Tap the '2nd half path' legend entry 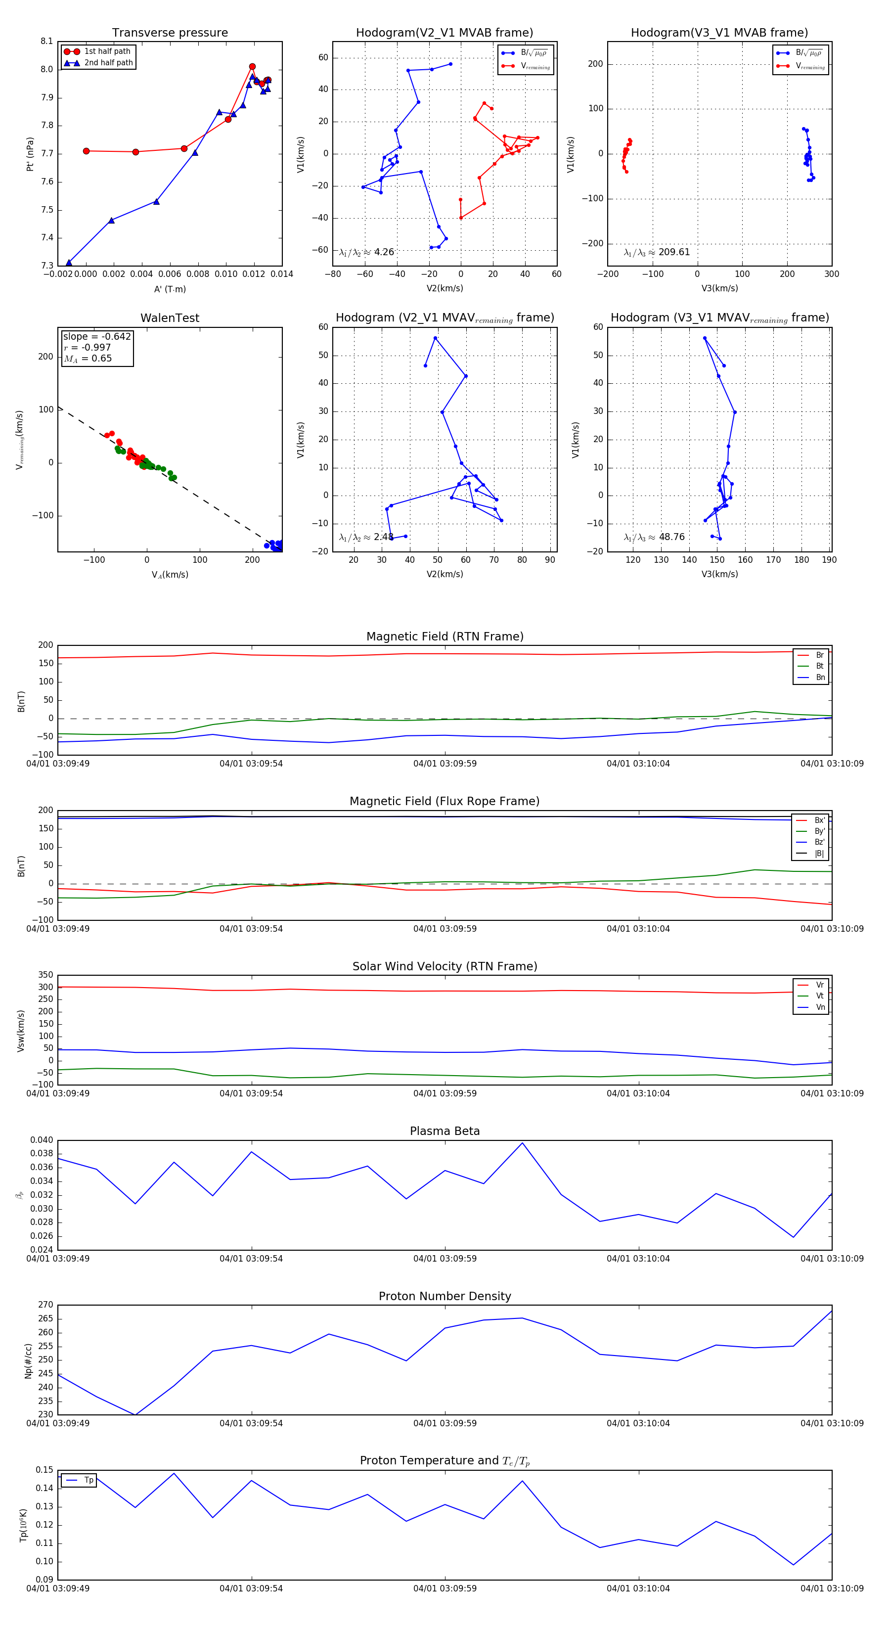coord(108,63)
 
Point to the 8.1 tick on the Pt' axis coord(46,41)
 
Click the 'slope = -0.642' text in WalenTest coord(96,336)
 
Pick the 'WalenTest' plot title coord(170,318)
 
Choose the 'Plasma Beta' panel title coord(445,1131)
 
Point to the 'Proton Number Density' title coord(445,1296)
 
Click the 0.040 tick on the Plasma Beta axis coord(42,1140)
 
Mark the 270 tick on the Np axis coord(45,1305)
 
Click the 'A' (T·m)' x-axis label coord(170,289)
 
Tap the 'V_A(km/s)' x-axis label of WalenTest coord(170,575)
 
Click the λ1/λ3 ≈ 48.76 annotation coord(654,537)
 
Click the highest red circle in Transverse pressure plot coord(252,67)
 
